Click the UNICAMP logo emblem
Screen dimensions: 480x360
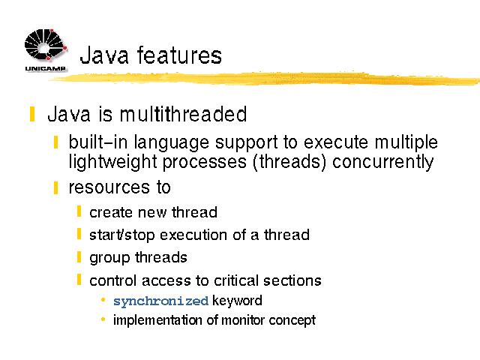[x=45, y=45]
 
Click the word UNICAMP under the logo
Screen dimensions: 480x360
[x=45, y=68]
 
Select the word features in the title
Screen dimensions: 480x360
[x=179, y=55]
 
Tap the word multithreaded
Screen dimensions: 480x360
[x=183, y=114]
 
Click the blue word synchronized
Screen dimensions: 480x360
[x=160, y=301]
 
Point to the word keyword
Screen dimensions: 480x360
[x=237, y=300]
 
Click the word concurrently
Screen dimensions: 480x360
[x=383, y=162]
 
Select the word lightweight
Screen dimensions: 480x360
[x=112, y=162]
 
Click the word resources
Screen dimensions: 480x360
[x=109, y=187]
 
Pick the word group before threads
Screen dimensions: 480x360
[x=109, y=258]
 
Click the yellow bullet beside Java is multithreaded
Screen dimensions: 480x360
[x=32, y=114]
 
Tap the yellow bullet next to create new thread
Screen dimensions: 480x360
[x=79, y=211]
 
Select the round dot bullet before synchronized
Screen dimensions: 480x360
[x=103, y=300]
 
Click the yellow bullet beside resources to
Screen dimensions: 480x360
[x=55, y=187]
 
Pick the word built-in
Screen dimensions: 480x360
[x=97, y=142]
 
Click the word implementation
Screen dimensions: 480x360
[x=157, y=320]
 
